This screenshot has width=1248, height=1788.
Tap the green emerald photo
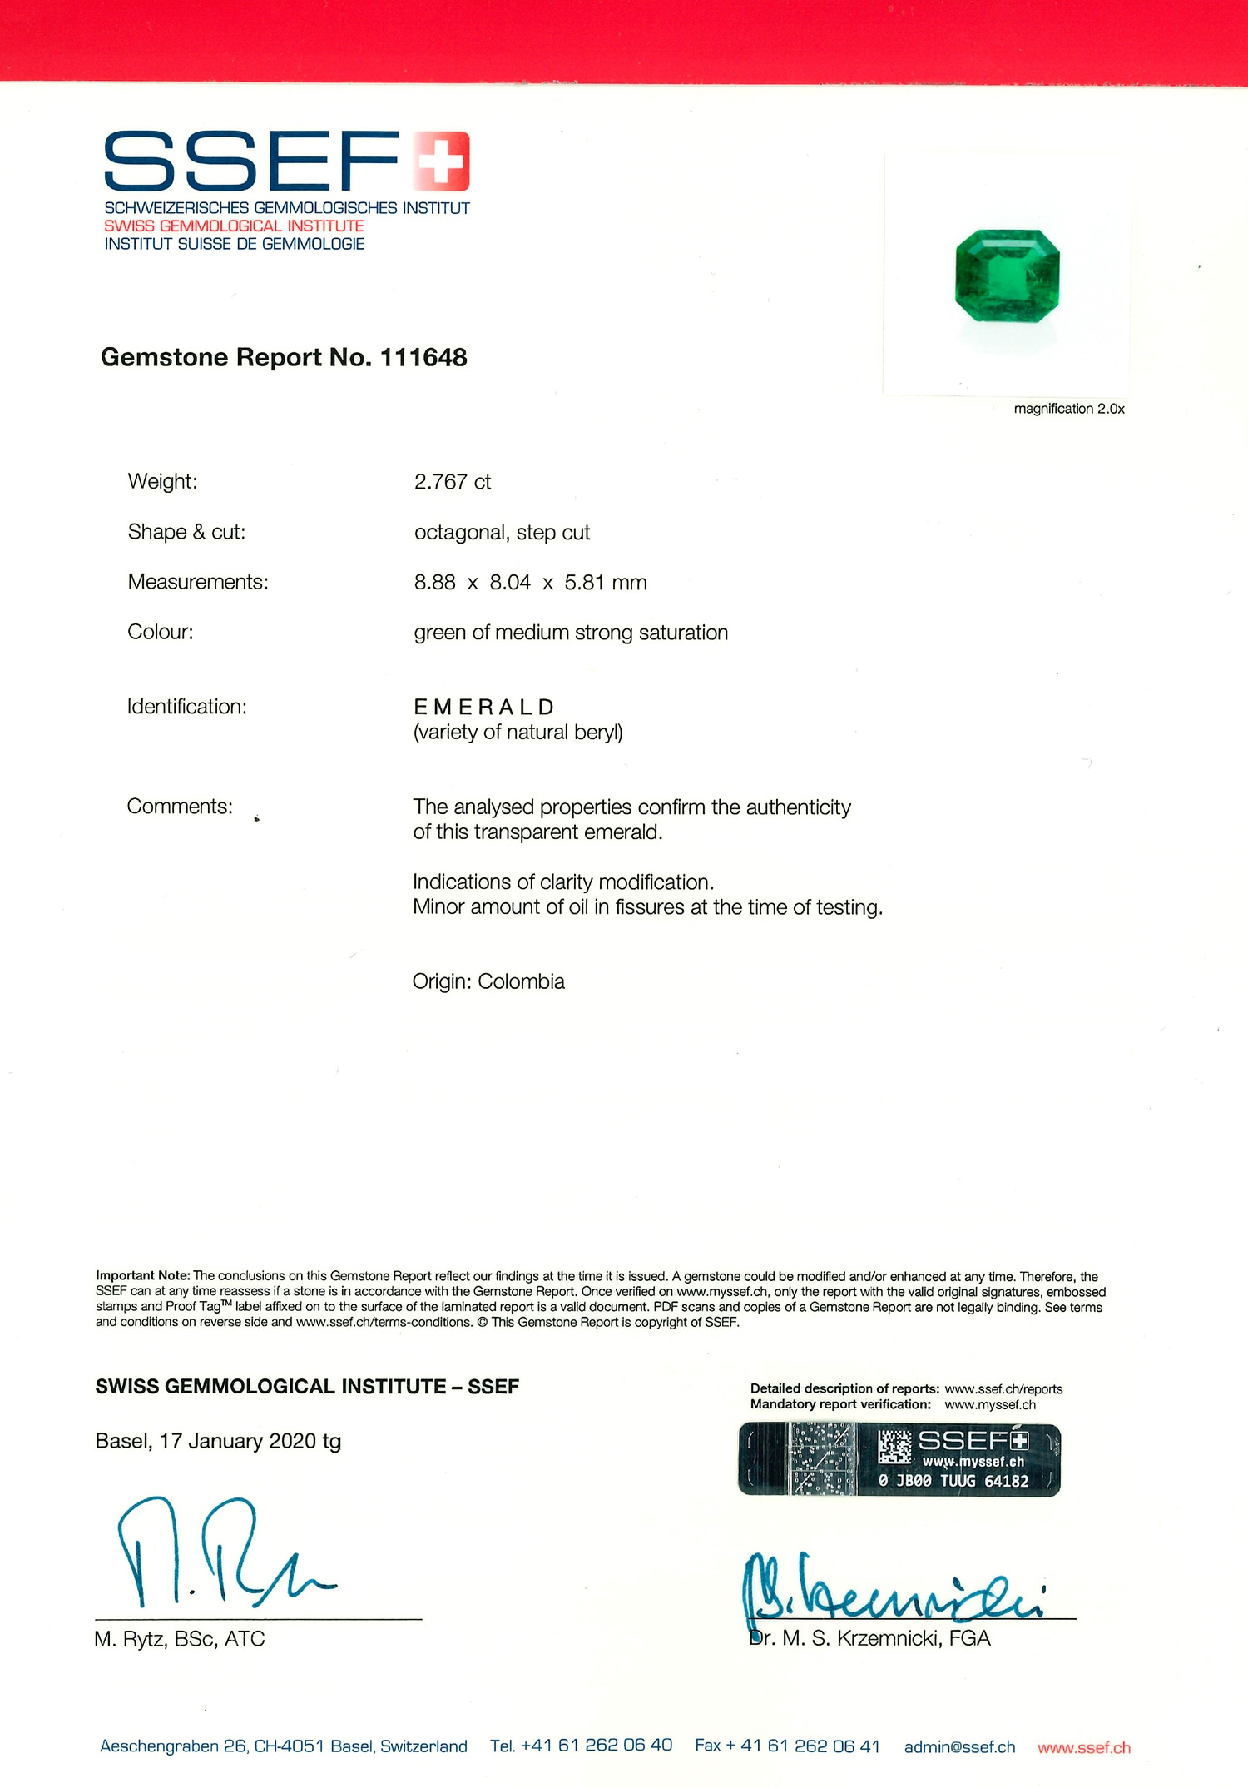1008,276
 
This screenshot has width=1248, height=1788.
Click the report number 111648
423,357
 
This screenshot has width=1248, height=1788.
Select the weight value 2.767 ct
452,482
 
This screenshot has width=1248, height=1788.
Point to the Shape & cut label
186,532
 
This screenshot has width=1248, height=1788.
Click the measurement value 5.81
584,583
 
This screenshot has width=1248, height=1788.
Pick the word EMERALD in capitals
483,707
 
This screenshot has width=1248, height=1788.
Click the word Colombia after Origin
521,981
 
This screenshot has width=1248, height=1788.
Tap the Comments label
180,807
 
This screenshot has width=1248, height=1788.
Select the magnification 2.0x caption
1068,409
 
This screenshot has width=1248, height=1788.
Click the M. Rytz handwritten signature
216,1555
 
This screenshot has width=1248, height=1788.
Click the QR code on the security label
895,1447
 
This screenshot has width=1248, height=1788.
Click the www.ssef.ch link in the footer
1083,1747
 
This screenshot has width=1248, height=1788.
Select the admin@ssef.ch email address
959,1746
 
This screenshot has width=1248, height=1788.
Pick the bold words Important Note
143,1275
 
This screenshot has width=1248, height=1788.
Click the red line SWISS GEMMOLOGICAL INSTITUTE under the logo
234,226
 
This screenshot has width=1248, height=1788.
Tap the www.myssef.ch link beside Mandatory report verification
990,1404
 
